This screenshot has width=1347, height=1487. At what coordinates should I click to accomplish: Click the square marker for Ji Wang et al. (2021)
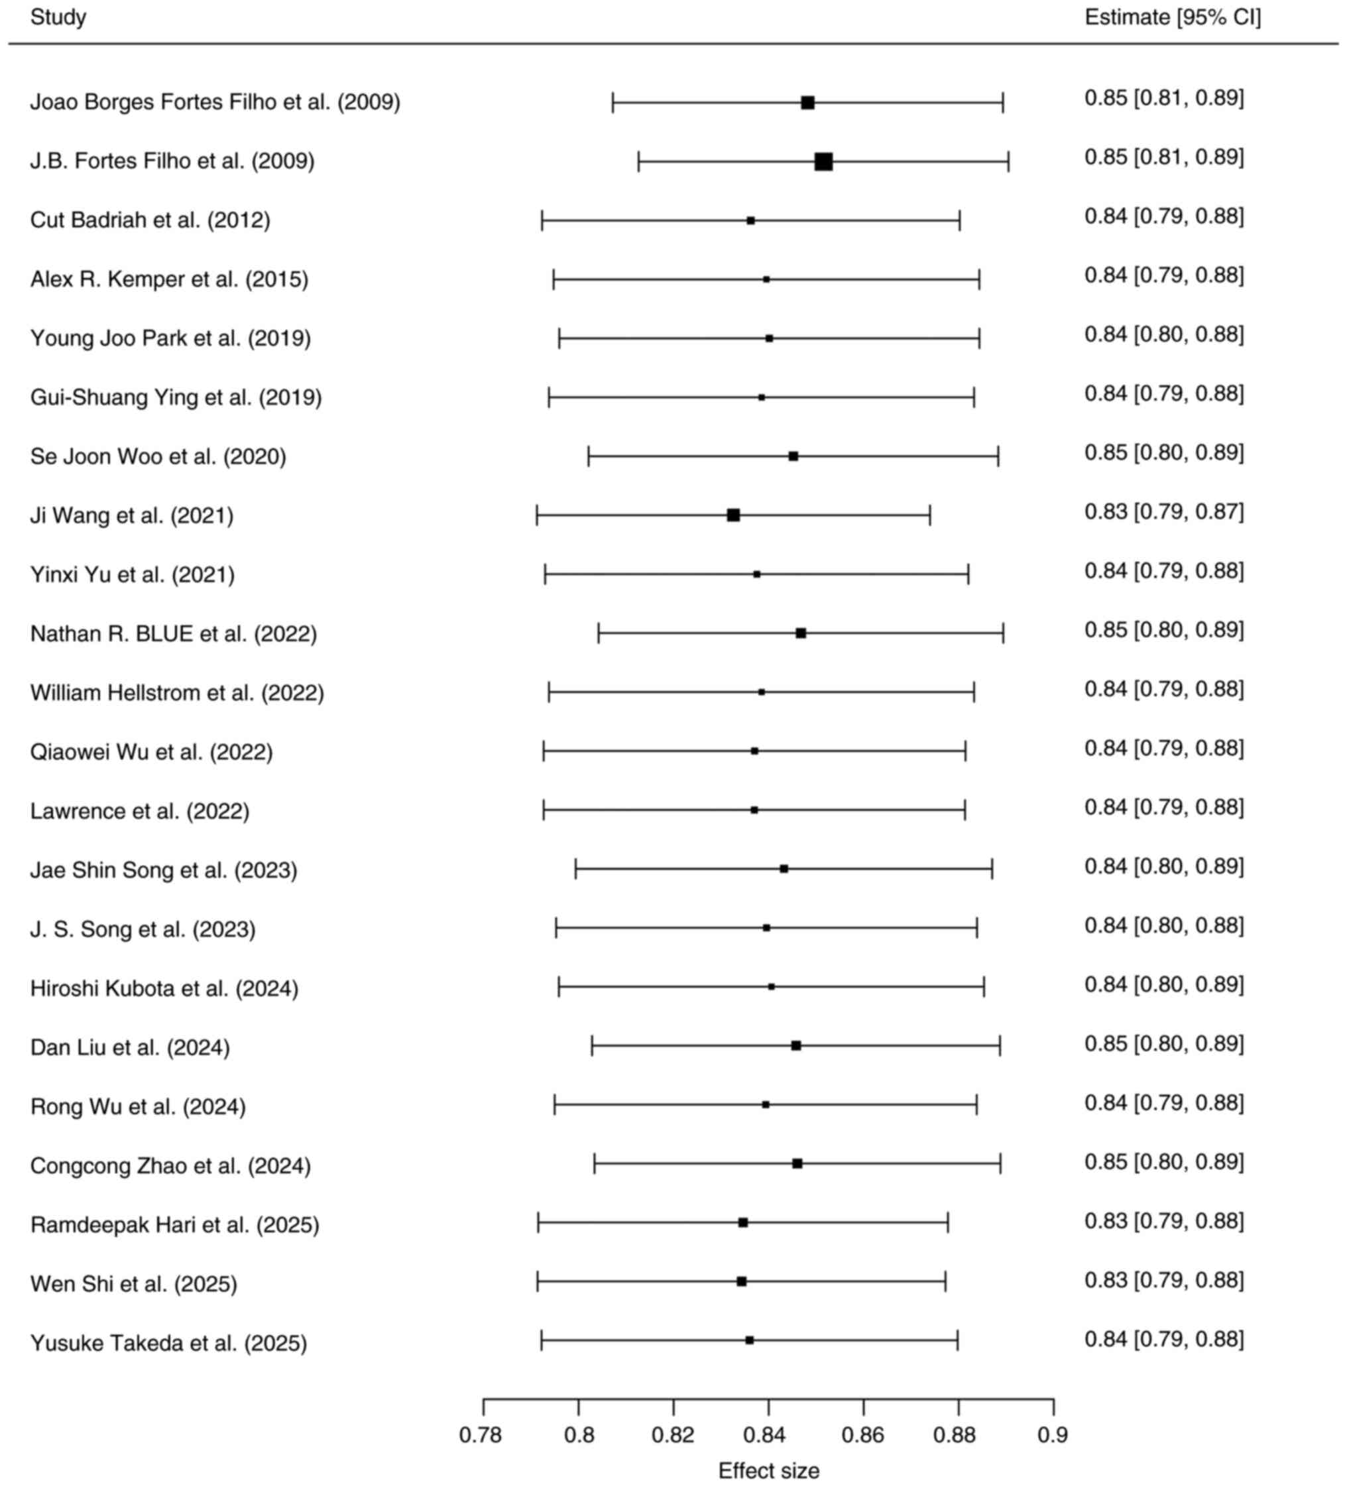pos(733,515)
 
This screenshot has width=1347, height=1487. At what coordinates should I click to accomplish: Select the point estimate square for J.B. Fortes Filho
pos(823,162)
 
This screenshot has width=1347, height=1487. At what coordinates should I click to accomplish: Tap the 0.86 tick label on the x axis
pos(862,1435)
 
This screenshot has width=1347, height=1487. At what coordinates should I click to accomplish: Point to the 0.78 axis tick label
pos(481,1435)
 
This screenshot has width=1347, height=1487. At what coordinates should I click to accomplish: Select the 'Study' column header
pos(58,17)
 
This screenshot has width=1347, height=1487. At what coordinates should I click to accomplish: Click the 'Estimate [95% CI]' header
pos(1172,17)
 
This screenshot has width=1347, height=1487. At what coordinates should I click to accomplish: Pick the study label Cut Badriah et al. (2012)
pos(150,220)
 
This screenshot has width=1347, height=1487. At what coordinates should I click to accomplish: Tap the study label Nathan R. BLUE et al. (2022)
pos(173,633)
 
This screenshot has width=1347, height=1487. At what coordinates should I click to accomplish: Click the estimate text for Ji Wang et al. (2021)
pos(1163,511)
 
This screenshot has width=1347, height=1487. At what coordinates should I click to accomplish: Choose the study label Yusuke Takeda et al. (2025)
pos(168,1342)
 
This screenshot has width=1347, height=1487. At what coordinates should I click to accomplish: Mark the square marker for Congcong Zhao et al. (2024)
pos(797,1163)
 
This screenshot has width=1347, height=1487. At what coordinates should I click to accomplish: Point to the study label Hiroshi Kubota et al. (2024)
pos(164,988)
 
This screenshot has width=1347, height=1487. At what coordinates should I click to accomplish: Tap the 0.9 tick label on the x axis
pos(1053,1435)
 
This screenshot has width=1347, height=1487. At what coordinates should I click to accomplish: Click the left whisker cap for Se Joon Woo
pos(589,456)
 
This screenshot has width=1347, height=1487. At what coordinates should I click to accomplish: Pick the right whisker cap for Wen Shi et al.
pos(945,1281)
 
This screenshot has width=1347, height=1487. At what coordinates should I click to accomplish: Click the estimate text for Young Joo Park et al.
pos(1163,334)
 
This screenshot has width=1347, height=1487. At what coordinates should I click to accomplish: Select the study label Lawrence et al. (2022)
pos(140,811)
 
